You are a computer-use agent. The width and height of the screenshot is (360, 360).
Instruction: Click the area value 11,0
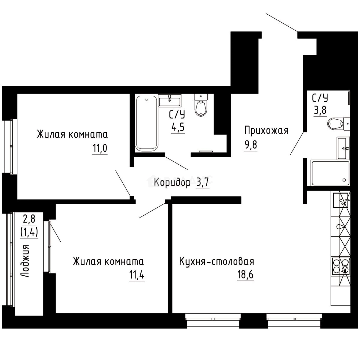(x=100, y=148)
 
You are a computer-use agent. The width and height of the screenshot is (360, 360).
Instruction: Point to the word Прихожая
(x=266, y=130)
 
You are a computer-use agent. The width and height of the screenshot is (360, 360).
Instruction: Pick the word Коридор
(x=172, y=182)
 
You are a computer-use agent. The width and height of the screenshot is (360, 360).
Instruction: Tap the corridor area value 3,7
(x=203, y=182)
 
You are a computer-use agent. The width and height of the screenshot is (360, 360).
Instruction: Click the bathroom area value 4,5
(x=177, y=127)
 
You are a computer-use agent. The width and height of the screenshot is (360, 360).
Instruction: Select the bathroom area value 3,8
(x=320, y=110)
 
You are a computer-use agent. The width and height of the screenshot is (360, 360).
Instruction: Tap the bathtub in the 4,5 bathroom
(x=146, y=122)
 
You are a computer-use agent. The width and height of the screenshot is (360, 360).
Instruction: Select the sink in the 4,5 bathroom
(x=170, y=100)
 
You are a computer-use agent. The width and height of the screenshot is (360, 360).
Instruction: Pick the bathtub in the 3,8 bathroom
(x=330, y=173)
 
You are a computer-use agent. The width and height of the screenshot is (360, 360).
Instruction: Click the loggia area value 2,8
(x=29, y=219)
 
